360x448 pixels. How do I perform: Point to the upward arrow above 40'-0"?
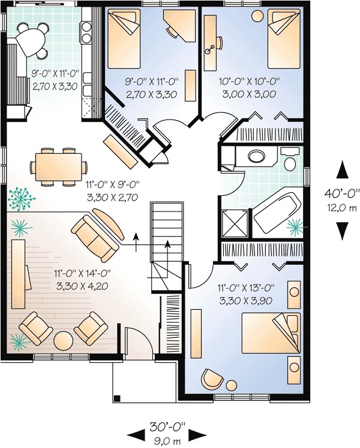(x=343, y=170)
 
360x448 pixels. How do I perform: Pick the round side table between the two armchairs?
(x=63, y=341)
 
